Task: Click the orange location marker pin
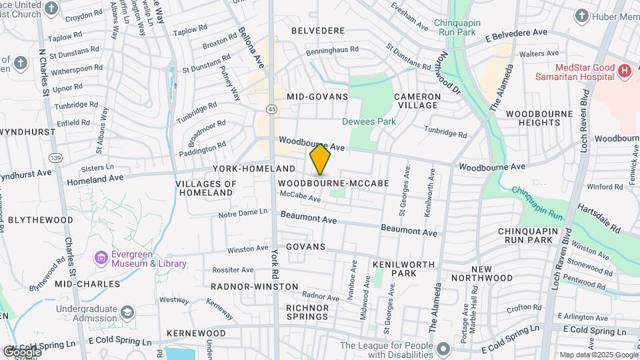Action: [x=321, y=159]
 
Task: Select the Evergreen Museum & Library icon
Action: [x=101, y=257]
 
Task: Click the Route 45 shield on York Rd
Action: [x=271, y=109]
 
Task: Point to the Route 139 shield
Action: [x=55, y=157]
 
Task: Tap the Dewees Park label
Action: [x=369, y=121]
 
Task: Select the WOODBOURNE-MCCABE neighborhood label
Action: [x=333, y=183]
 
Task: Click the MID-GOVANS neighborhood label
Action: [x=317, y=97]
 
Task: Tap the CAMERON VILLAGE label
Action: [x=417, y=101]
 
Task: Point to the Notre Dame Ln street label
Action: [x=243, y=213]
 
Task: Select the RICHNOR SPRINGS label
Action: [x=307, y=312]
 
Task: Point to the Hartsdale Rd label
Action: [x=598, y=218]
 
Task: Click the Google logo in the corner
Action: [x=21, y=351]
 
